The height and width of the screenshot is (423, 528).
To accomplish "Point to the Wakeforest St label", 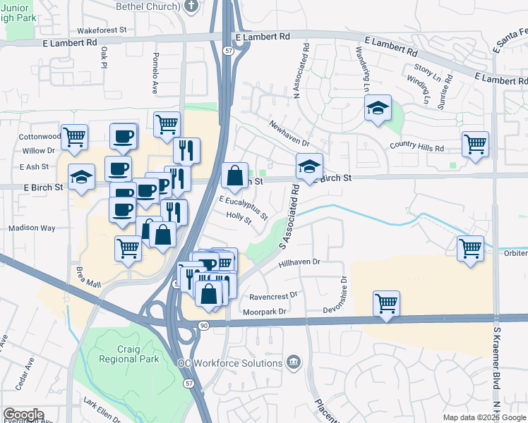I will coord(102,30).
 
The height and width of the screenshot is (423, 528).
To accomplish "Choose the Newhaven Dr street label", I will coord(289,133).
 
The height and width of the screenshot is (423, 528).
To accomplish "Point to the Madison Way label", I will coord(32,228).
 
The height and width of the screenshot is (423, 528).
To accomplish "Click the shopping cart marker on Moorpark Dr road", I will coord(386,304).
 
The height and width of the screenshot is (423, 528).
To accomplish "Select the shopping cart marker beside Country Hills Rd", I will coord(475,144).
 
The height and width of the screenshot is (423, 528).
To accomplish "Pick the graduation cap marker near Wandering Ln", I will coord(378,108).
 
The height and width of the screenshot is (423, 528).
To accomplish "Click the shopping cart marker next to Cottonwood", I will coord(74,136).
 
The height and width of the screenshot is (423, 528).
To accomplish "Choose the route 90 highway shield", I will coord(203,325).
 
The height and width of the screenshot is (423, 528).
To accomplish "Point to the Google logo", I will coord(23,415).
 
